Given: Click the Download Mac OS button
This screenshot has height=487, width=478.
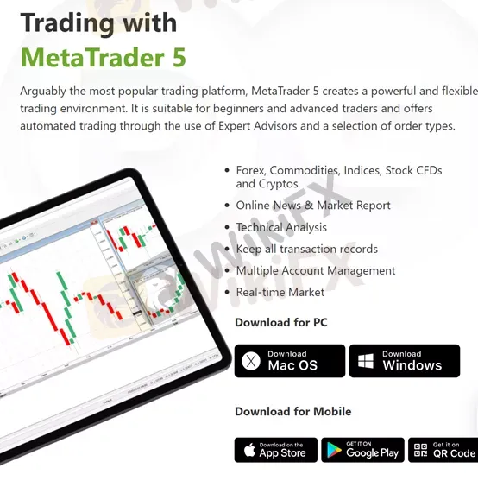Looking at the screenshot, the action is coord(290,361).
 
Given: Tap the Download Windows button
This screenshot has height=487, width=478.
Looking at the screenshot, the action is coord(405,361).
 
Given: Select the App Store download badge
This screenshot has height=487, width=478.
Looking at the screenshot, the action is coord(276,450).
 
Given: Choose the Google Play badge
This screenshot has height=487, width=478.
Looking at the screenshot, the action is coord(363,450).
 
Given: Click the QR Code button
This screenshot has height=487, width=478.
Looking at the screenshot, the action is coord(443,450).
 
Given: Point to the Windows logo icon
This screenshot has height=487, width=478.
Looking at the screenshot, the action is coord(366,361).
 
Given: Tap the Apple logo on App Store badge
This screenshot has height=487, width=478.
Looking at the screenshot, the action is coord(249,450).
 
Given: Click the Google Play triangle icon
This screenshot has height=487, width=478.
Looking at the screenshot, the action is coord(334,451).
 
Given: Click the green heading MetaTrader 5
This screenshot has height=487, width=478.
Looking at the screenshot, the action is coord(104,57).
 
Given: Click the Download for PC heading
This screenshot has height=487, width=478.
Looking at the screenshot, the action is coord(281,322).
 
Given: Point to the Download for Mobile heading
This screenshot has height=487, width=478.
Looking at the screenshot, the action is coord(293,412).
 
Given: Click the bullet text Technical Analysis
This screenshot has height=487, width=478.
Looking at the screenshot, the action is coord(281,227).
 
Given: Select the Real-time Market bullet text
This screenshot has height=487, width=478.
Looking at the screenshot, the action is coord(280,292).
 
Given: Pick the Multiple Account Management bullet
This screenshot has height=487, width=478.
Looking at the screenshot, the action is coord(316,270).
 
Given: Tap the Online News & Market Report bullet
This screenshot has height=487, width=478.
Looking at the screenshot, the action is coord(313,206).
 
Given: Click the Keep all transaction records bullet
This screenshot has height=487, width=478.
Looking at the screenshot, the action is coord(307,249).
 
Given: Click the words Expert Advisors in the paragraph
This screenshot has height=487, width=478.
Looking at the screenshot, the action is coord(258,126).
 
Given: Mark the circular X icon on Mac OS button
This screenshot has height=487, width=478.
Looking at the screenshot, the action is coord(251,361).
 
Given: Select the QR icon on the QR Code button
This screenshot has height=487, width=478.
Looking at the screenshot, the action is coord(420,450).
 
